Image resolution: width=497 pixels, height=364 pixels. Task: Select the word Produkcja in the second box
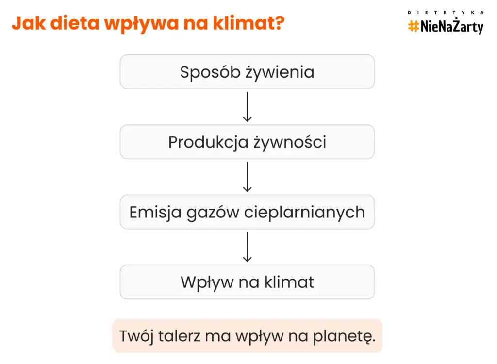point(208,142)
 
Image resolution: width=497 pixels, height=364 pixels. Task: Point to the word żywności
point(290,142)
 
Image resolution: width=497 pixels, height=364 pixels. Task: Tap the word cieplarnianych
point(304,213)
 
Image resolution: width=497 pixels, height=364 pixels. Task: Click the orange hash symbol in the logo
point(414,27)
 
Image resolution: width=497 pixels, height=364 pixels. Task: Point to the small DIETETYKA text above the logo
point(446,12)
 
